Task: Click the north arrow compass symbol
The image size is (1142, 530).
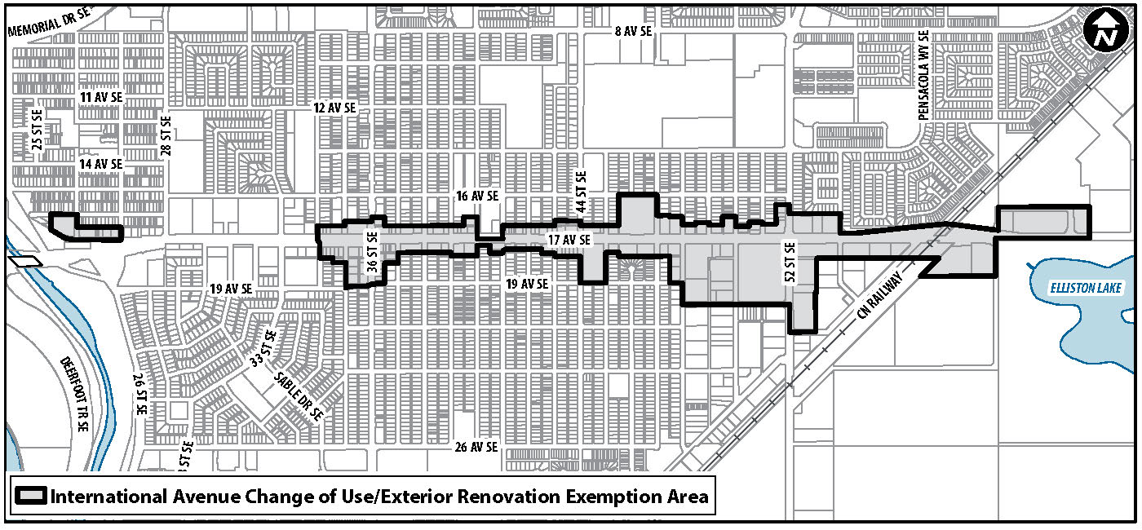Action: click(1106, 33)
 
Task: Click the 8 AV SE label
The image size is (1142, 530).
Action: click(634, 31)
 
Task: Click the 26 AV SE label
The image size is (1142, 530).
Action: click(476, 447)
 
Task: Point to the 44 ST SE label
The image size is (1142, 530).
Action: click(582, 191)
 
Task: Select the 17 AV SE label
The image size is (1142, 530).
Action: click(569, 240)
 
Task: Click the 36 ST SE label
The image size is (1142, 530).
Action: click(372, 252)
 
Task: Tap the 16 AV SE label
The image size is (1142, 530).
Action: click(477, 196)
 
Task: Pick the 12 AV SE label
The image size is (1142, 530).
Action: click(335, 108)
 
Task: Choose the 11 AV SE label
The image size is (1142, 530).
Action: click(101, 97)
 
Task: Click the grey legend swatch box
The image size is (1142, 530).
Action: click(31, 497)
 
